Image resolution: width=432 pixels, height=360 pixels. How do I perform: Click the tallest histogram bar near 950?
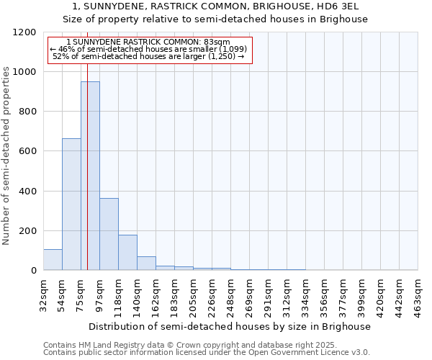(x=90, y=176)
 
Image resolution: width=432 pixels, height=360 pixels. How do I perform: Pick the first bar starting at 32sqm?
(x=53, y=259)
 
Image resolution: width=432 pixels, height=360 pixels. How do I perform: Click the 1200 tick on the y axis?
(x=26, y=32)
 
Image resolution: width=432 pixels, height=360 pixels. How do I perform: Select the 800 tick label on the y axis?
(x=29, y=112)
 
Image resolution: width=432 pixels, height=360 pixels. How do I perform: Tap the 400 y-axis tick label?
(x=29, y=191)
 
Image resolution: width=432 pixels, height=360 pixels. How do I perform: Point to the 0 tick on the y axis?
(x=34, y=270)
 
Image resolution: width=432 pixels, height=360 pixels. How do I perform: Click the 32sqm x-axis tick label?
(x=43, y=292)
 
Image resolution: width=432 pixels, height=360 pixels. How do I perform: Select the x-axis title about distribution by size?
(x=230, y=326)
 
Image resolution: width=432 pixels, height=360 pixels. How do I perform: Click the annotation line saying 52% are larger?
(x=150, y=56)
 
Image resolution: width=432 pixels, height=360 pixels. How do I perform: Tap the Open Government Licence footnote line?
(x=207, y=353)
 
